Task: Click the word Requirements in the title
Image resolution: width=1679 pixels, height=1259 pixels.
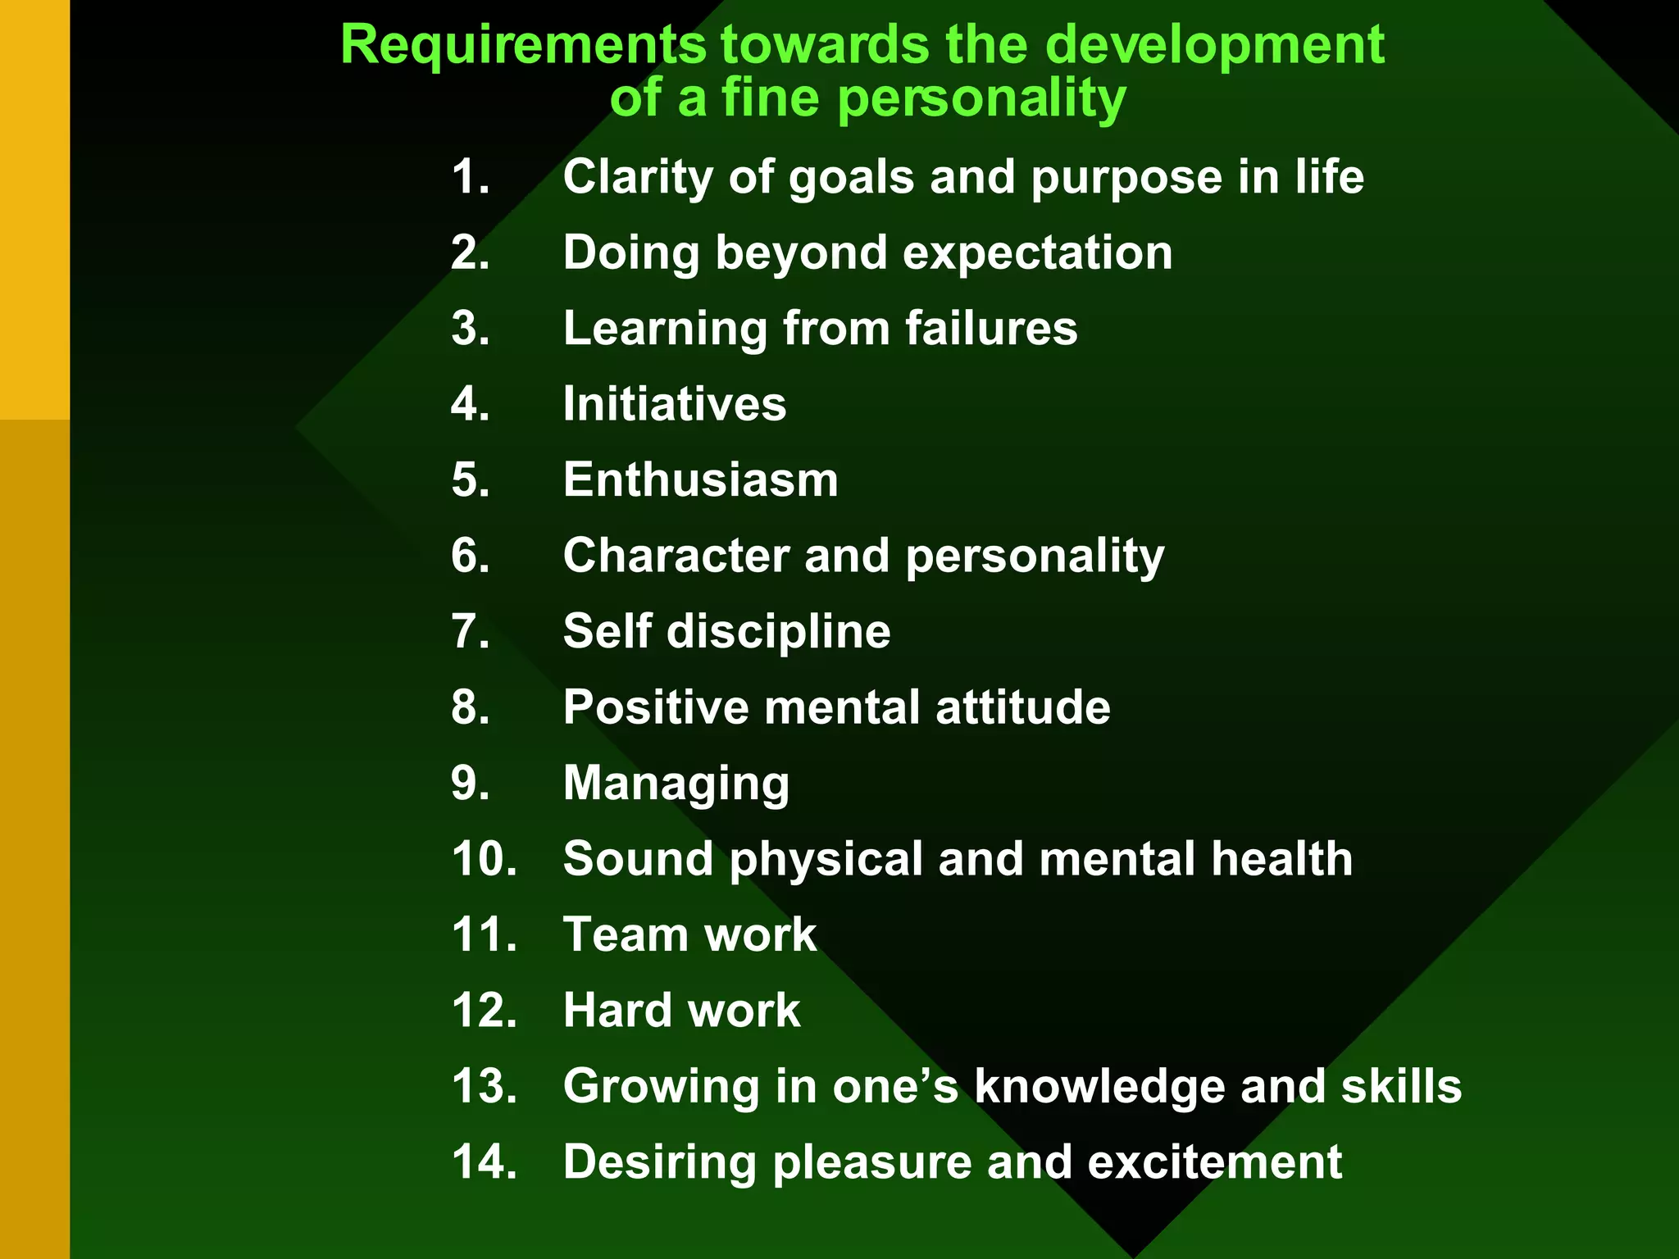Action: click(x=523, y=46)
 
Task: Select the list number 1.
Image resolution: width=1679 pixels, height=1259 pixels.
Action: click(x=471, y=177)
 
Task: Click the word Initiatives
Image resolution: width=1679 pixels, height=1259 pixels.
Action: click(x=674, y=404)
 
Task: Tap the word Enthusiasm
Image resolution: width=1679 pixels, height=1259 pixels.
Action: click(x=700, y=480)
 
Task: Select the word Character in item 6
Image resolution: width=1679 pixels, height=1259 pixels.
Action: click(x=676, y=556)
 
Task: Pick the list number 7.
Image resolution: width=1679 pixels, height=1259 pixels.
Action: click(x=471, y=631)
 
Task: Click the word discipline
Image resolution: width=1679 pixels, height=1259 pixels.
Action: click(x=779, y=632)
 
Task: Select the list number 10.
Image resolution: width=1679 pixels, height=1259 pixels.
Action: click(x=484, y=859)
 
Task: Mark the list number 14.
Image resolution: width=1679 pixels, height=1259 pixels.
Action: click(x=484, y=1162)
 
